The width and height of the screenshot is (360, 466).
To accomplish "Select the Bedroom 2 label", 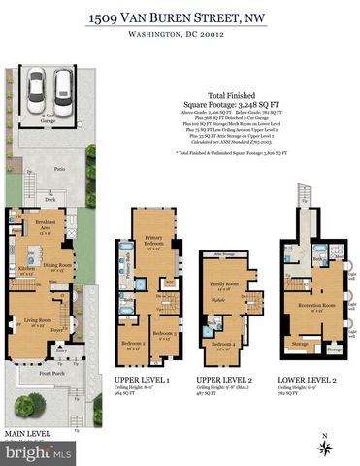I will pos(133,343).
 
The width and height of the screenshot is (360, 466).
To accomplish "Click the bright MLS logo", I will pos(36,453).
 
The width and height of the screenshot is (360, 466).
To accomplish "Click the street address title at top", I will pos(180,17).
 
